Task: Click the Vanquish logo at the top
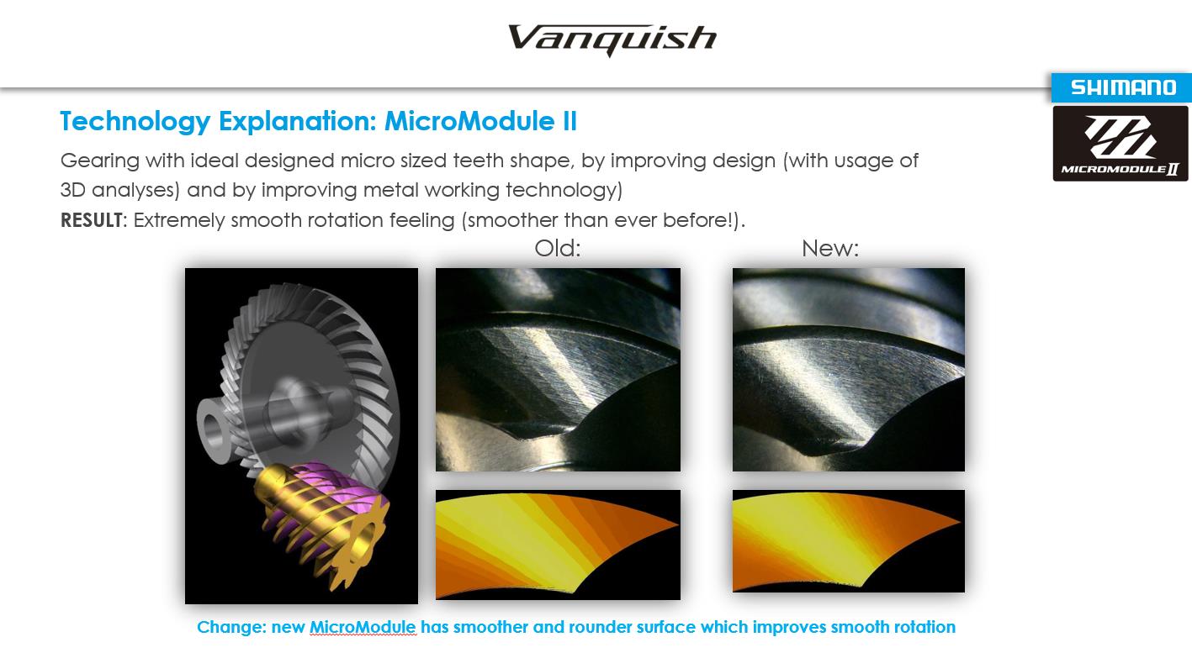pyautogui.click(x=612, y=39)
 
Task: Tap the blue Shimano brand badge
pyautogui.click(x=1121, y=87)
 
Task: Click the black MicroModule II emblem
pyautogui.click(x=1120, y=144)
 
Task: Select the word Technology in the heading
pyautogui.click(x=135, y=122)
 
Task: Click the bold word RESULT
pyautogui.click(x=92, y=219)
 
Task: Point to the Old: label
pyautogui.click(x=557, y=248)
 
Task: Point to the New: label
pyautogui.click(x=830, y=248)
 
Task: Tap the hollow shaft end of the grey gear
pyautogui.click(x=212, y=429)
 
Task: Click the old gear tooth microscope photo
pyautogui.click(x=558, y=370)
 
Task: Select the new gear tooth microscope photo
pyautogui.click(x=848, y=370)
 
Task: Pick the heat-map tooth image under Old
pyautogui.click(x=558, y=545)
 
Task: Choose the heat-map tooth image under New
pyautogui.click(x=848, y=540)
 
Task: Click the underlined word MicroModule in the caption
pyautogui.click(x=363, y=627)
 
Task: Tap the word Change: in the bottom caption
pyautogui.click(x=231, y=627)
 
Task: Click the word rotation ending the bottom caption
pyautogui.click(x=924, y=627)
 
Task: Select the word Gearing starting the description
pyautogui.click(x=99, y=161)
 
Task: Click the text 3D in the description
pyautogui.click(x=73, y=190)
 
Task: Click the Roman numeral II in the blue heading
pyautogui.click(x=570, y=121)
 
